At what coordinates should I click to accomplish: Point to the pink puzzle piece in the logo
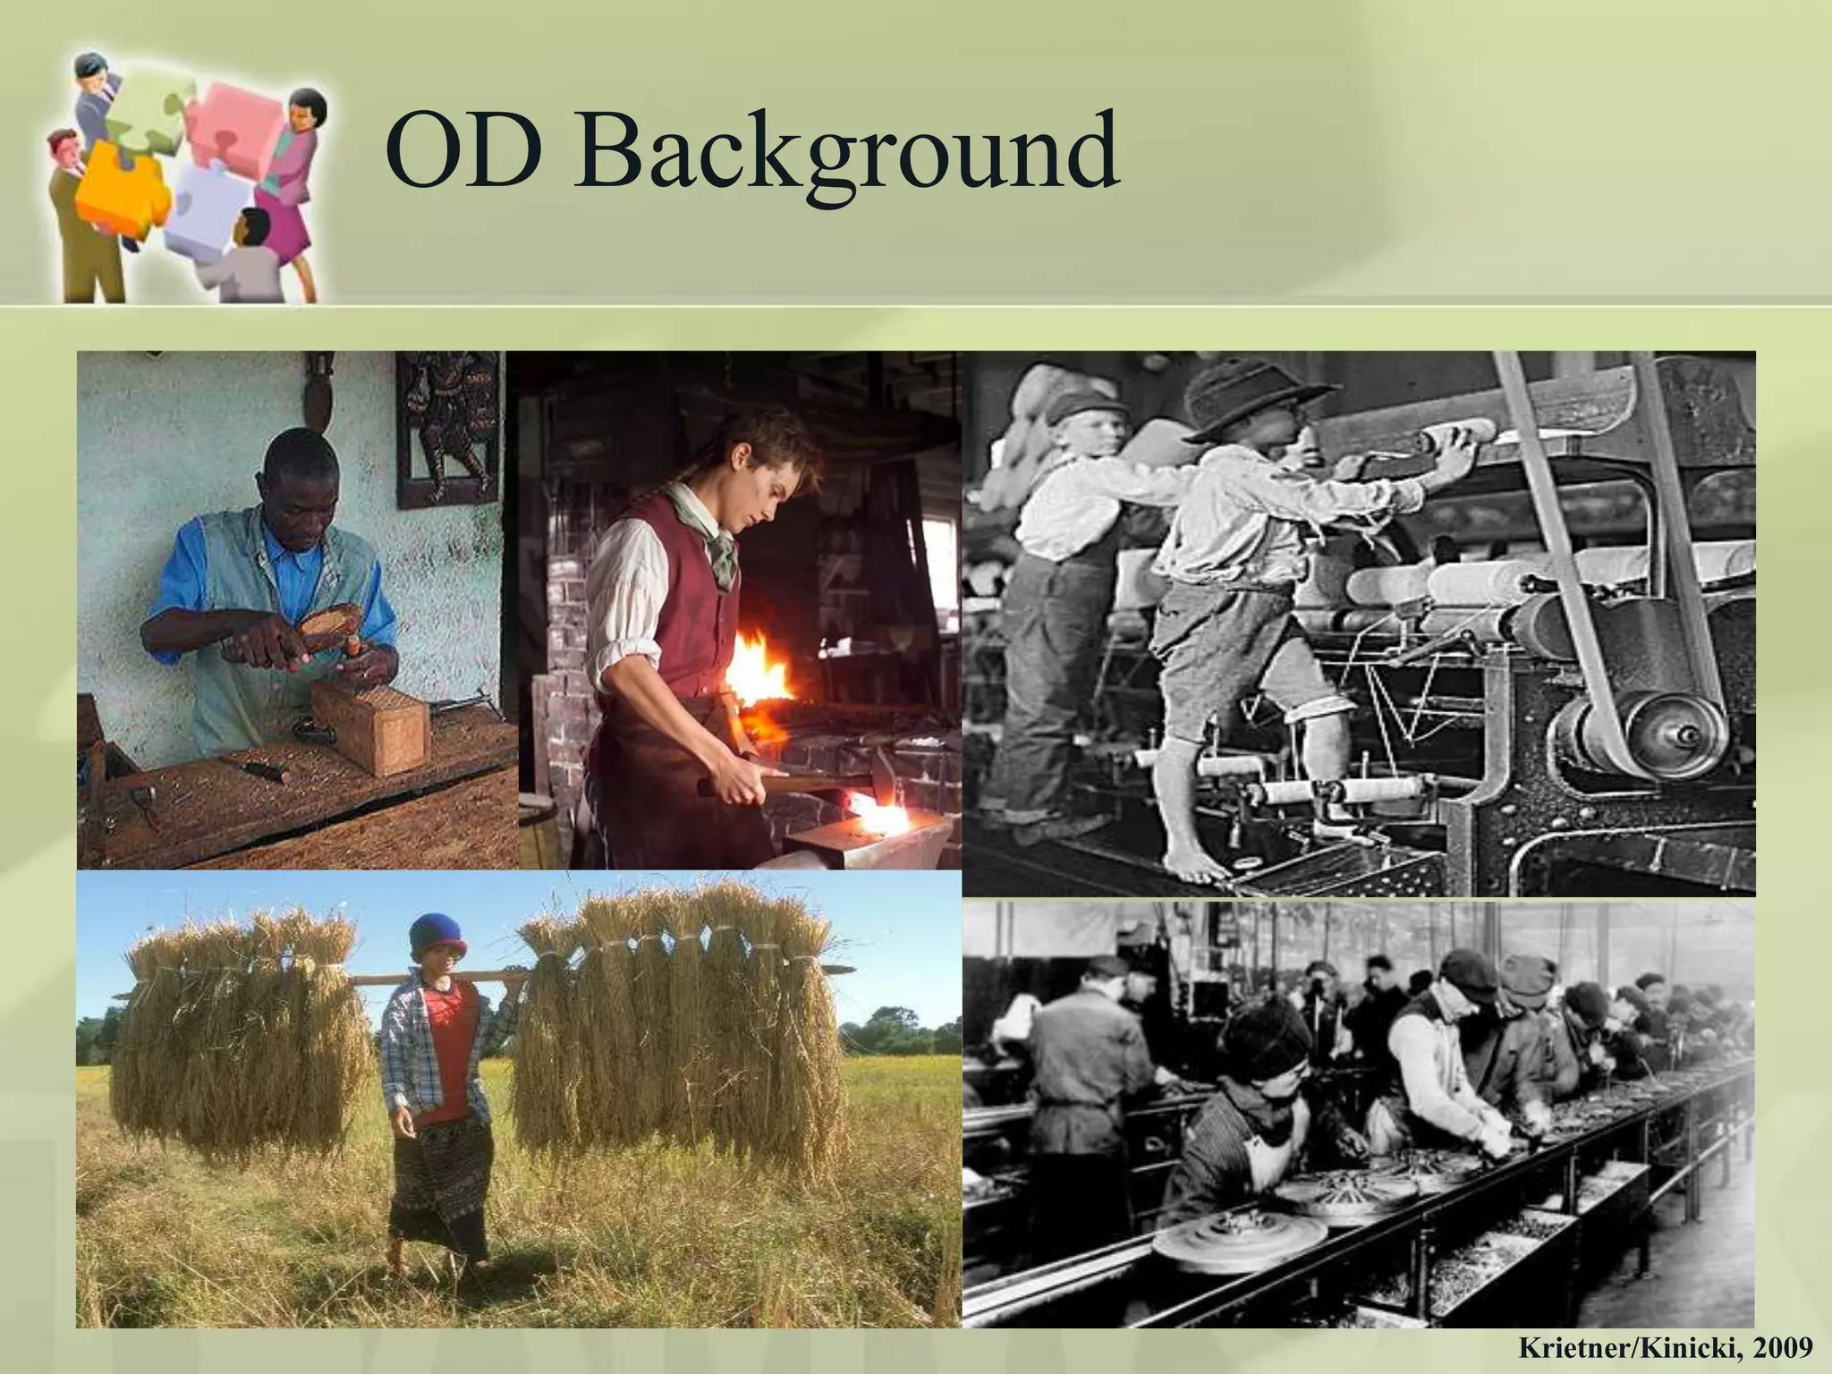(228, 121)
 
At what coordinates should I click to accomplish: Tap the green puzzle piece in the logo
(148, 112)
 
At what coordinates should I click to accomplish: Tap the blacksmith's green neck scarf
(716, 528)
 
